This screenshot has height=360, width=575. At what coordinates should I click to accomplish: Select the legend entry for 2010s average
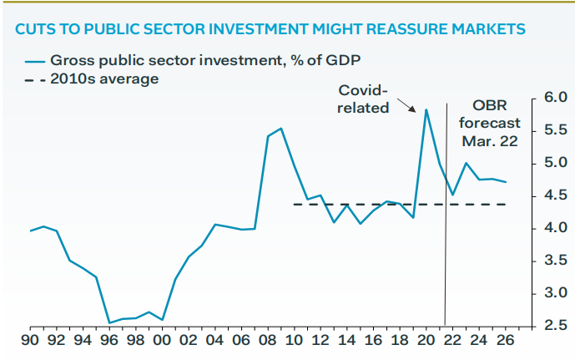click(x=103, y=79)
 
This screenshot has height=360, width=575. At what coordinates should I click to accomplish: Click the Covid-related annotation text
click(x=364, y=99)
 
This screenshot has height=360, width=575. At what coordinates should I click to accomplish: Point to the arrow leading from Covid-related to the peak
click(x=407, y=104)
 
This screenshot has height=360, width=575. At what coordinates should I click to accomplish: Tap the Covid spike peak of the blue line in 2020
click(x=426, y=109)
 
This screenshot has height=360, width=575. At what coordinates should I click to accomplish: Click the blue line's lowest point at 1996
click(x=109, y=323)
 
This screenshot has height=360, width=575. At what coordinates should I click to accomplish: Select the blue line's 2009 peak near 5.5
click(x=281, y=129)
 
